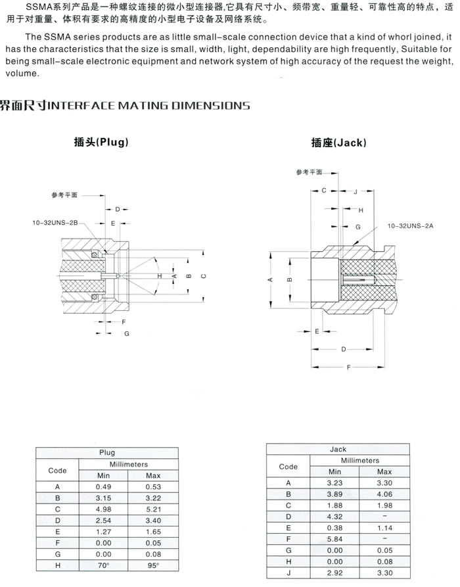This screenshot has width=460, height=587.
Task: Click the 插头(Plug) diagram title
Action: [101, 142]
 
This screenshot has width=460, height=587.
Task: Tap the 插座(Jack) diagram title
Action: [338, 143]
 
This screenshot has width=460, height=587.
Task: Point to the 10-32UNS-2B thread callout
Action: [55, 223]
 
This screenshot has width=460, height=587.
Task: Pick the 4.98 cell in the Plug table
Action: [104, 508]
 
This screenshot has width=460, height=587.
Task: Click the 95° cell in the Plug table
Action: [153, 565]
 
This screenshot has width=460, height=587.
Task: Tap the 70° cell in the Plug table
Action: [104, 565]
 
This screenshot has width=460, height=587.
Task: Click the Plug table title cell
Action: [106, 452]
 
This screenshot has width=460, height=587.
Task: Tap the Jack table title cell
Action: [338, 449]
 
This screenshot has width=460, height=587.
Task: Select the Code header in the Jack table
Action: [288, 466]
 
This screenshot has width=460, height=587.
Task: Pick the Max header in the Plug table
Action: [153, 475]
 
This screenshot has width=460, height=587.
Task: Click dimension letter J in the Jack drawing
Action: [356, 191]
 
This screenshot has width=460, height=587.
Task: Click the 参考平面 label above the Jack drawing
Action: [309, 172]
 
